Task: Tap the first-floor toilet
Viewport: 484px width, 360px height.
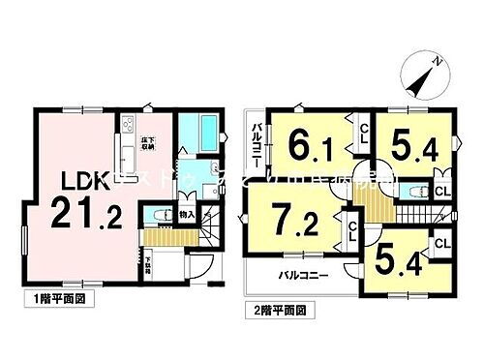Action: (156, 217)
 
